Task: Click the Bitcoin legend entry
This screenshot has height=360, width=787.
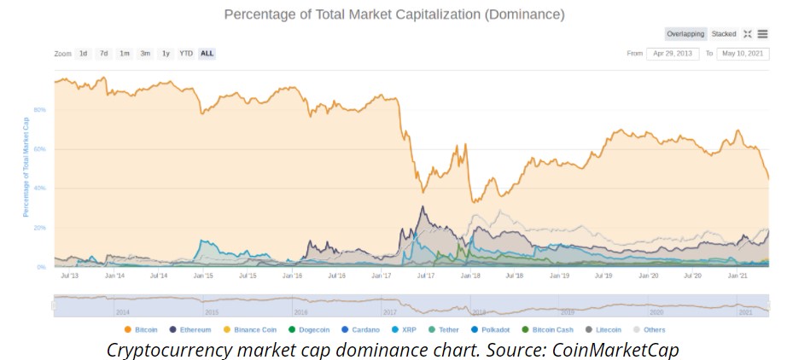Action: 146,329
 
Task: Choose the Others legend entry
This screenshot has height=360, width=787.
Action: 652,329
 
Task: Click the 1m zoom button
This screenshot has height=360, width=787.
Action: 125,54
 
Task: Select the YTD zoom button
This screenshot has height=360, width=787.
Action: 186,54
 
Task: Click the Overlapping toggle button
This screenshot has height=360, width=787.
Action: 685,34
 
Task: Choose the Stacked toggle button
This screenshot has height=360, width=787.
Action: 724,34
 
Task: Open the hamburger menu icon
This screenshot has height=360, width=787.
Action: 762,34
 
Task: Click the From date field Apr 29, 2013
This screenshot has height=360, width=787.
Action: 673,54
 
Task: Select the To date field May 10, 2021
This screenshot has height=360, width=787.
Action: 741,54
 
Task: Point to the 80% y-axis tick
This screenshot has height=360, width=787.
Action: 39,110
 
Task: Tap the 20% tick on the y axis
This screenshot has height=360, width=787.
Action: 39,228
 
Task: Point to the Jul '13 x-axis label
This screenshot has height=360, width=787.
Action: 71,276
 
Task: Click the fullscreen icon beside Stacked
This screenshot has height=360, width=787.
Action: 748,34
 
